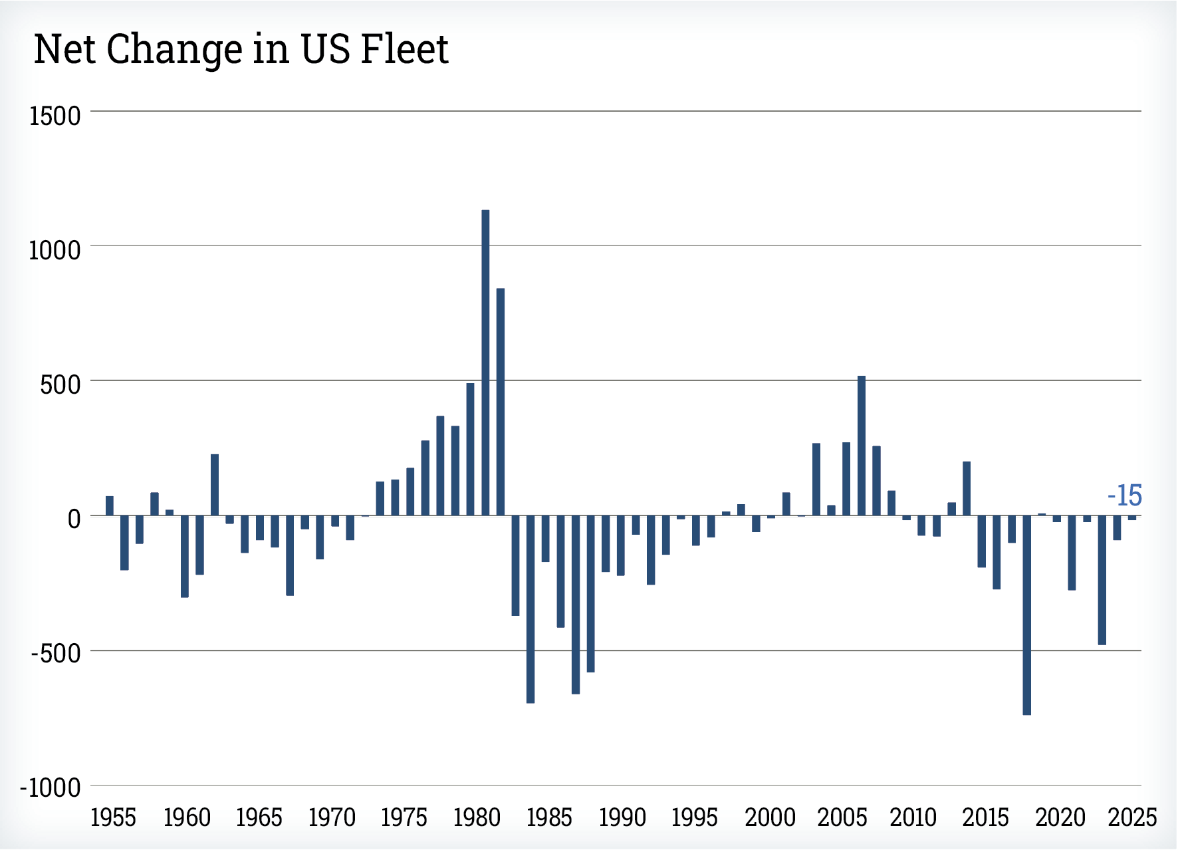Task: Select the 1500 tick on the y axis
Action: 55,116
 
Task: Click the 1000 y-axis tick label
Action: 55,251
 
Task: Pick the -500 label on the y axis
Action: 56,653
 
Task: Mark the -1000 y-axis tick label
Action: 51,788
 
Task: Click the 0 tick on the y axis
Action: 74,519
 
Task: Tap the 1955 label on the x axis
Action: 113,817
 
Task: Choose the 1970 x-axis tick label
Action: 332,817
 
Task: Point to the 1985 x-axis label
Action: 549,817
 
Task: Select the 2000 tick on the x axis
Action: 770,817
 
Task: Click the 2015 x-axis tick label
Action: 985,817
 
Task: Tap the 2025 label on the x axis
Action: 1132,817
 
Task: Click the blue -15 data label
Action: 1125,496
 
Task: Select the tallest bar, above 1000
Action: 485,362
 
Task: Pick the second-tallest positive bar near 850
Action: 501,402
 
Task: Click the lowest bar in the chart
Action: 1026,615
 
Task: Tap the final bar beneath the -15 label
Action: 1131,518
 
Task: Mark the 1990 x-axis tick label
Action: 622,817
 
